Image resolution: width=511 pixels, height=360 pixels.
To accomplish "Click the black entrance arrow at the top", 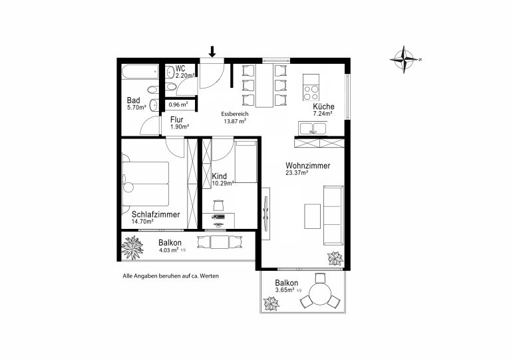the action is tap(212, 51).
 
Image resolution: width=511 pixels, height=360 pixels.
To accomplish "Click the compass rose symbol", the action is tap(404, 59).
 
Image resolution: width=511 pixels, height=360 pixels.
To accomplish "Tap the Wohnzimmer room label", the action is tap(307, 166).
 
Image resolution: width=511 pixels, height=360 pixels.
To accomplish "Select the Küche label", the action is tap(323, 106).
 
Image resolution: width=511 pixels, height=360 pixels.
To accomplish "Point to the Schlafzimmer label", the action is tap(156, 214).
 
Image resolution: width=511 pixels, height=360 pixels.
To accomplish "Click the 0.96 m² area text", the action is tap(178, 105).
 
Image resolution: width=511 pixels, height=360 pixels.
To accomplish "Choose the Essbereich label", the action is tap(235, 114).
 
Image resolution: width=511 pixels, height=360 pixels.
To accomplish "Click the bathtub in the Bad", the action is tap(140, 72).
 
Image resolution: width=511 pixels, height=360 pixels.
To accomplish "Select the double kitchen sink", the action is tap(312, 128).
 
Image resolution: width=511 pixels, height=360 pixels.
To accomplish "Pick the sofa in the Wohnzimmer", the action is tap(333, 216).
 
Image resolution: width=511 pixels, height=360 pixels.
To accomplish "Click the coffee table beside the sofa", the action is tap(312, 216).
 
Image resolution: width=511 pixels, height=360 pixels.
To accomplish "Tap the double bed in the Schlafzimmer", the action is tap(145, 184).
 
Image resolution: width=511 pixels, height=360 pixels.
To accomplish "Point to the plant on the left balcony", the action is tap(132, 248).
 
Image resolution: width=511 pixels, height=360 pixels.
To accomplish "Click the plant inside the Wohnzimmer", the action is tap(335, 258).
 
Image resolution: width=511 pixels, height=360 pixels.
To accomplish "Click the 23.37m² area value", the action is tap(297, 173).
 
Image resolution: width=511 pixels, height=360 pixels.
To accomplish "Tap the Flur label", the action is tap(176, 120).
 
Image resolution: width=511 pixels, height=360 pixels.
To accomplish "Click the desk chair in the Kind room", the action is tap(218, 205).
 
